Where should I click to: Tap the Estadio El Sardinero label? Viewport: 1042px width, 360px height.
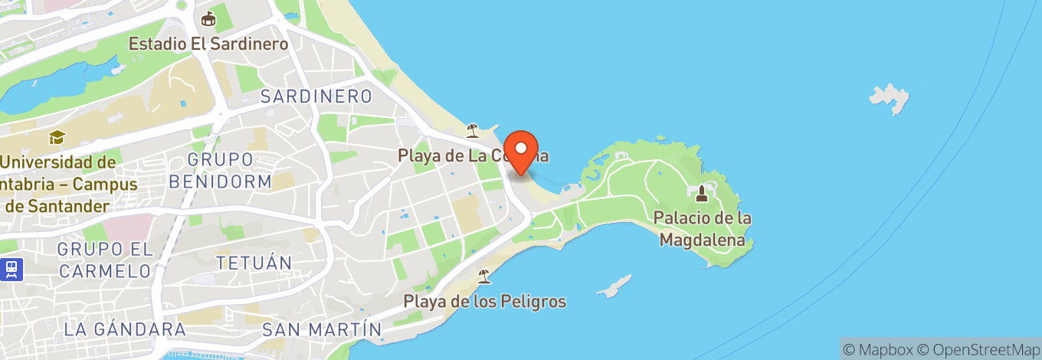tap(208, 44)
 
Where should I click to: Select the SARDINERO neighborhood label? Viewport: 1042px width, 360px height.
tap(316, 97)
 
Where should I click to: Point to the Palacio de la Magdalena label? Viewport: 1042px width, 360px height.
tap(702, 229)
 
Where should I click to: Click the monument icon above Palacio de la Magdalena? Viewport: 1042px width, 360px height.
tap(702, 192)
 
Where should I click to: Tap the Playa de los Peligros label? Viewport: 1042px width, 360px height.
tap(485, 301)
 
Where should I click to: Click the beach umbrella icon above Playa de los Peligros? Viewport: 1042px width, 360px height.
tap(484, 276)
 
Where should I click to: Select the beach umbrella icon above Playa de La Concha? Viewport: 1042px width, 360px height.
tap(473, 129)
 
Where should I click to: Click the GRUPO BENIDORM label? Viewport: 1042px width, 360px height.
tap(221, 171)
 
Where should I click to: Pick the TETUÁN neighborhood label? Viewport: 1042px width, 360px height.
tap(254, 263)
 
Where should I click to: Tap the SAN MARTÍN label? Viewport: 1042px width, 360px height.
tap(322, 329)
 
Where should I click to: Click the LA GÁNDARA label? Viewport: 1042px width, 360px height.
tap(125, 329)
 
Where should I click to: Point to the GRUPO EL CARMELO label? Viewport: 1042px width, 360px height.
tap(104, 260)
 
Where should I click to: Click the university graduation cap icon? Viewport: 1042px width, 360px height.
tap(56, 138)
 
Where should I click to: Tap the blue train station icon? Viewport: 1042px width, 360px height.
tap(11, 269)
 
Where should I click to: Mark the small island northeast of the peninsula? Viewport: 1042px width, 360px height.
tap(890, 98)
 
